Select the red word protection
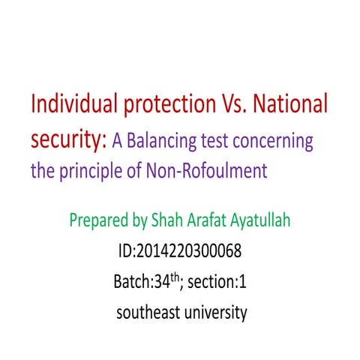click(160, 106)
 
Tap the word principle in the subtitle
click(96, 172)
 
